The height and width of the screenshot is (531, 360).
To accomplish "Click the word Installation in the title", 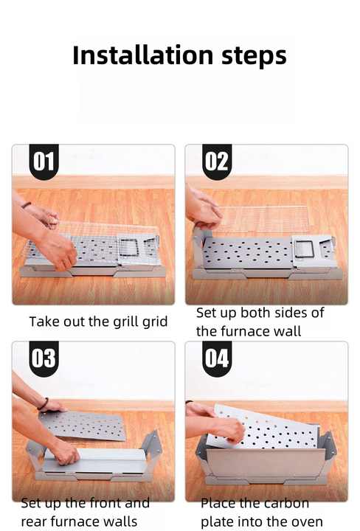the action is [x=142, y=55].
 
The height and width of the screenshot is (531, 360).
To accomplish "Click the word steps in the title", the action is [x=254, y=57].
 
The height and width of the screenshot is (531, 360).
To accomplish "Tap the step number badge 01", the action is [x=44, y=162].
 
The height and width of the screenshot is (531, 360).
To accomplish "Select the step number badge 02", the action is [x=217, y=162].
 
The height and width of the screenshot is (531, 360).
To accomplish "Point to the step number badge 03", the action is [x=44, y=358].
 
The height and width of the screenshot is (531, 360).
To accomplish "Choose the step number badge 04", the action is [x=217, y=358].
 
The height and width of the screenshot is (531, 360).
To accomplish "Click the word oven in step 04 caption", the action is [x=308, y=522].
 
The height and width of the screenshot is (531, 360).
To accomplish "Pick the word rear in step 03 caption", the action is [x=34, y=522].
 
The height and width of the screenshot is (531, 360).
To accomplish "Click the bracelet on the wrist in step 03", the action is [x=44, y=403].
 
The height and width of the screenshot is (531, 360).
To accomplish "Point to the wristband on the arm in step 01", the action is [x=26, y=204].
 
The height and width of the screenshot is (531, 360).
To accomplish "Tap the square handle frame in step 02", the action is [x=303, y=249].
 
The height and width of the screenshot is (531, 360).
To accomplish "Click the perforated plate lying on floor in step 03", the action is [x=83, y=426].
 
